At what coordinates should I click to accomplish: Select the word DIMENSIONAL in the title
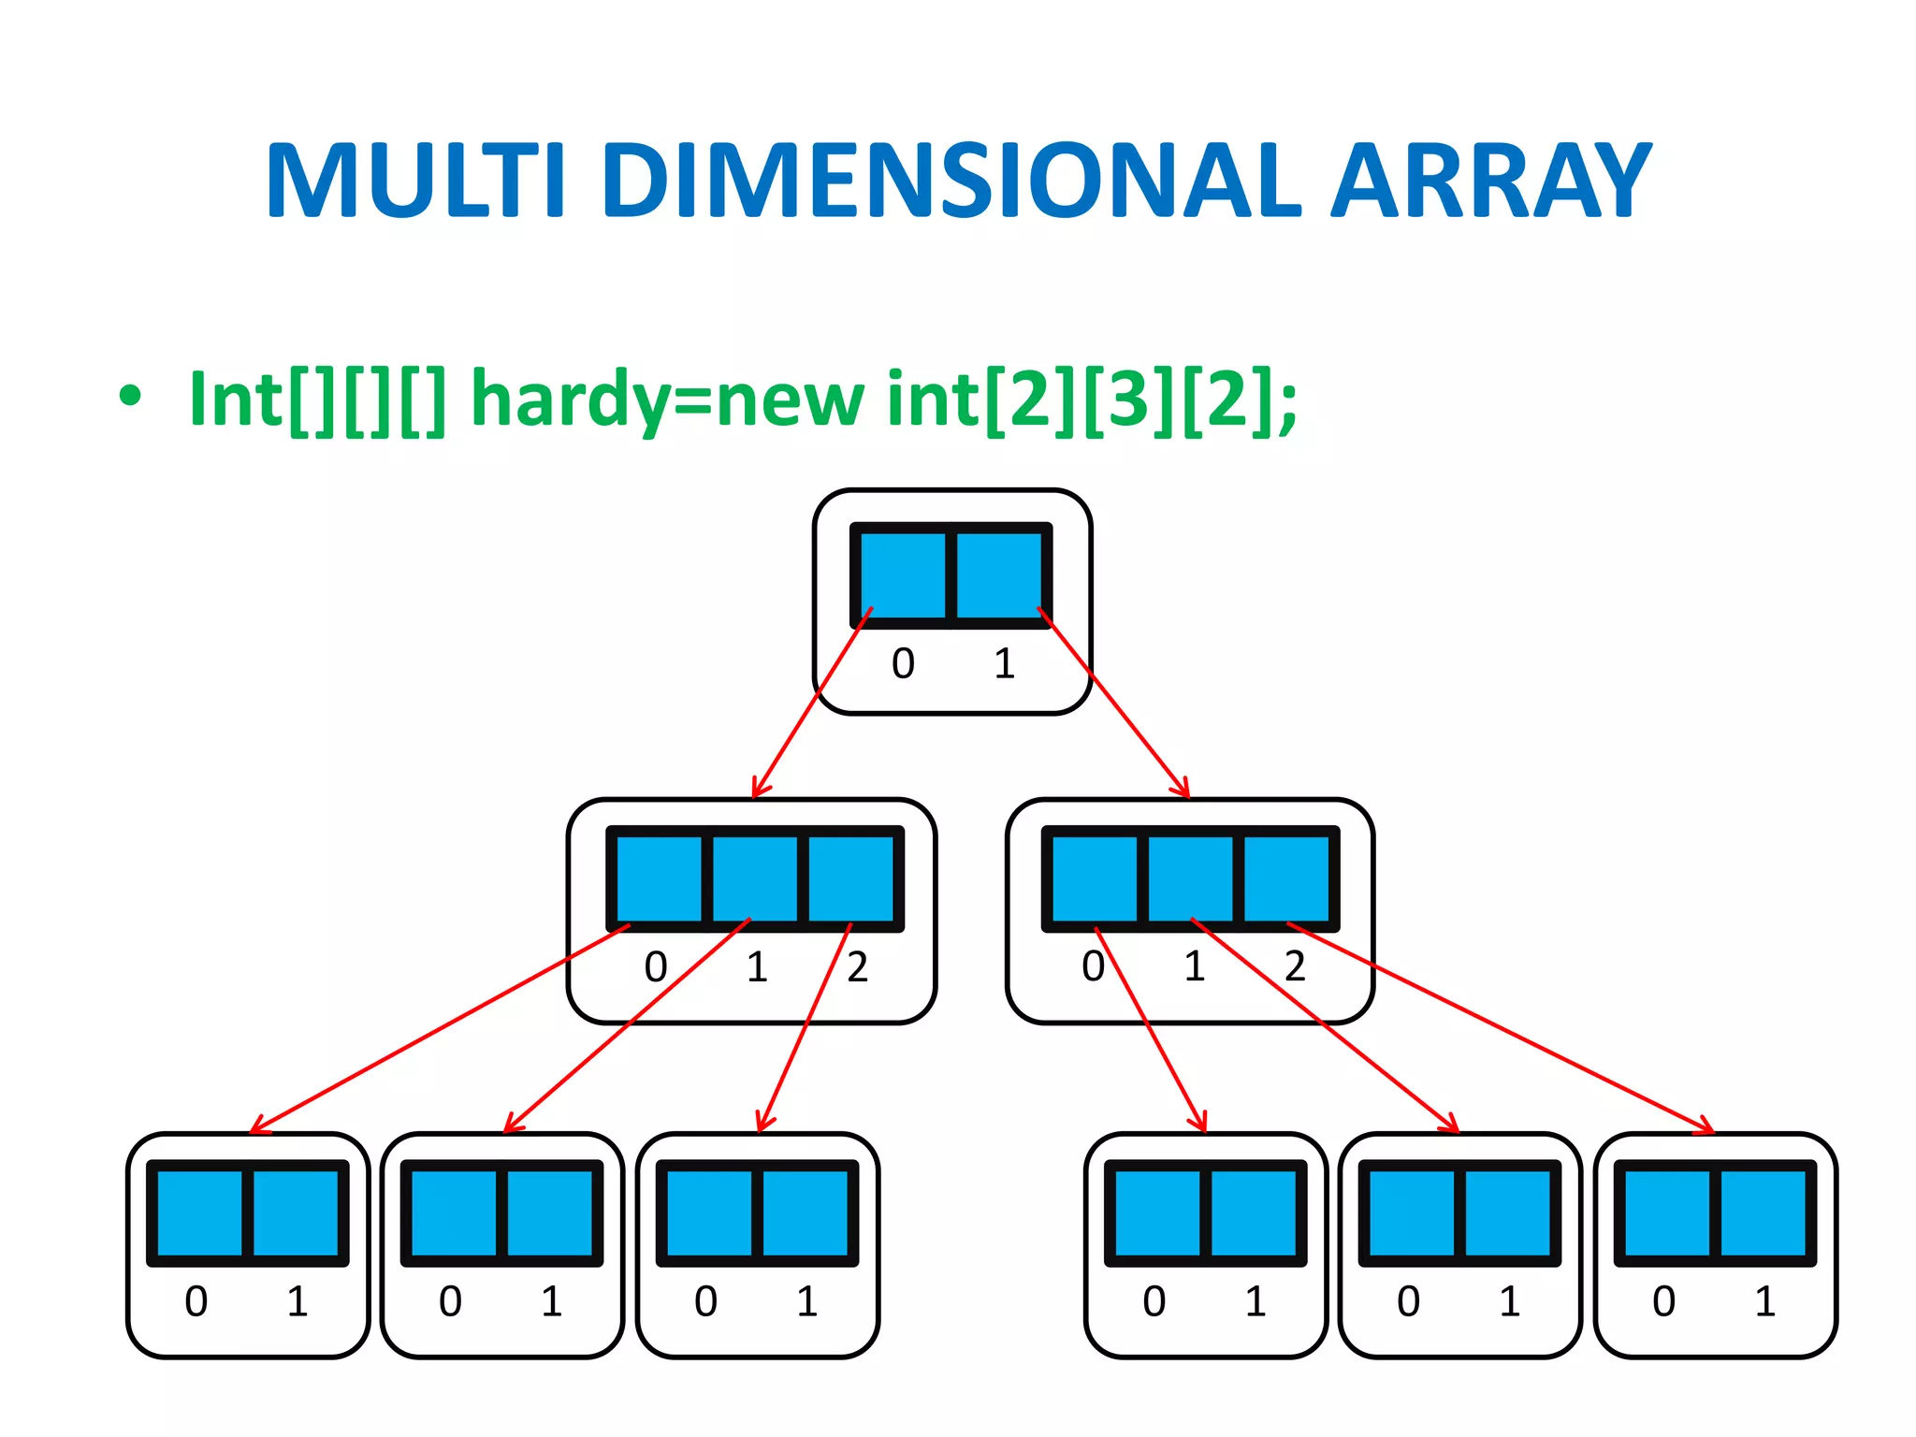pos(952,181)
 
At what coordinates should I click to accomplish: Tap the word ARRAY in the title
pos(1491,181)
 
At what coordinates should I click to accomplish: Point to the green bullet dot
pos(130,396)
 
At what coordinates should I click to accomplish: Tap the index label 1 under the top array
pos(1004,664)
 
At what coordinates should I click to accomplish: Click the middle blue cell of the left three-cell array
pos(755,878)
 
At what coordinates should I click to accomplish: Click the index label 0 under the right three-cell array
pos(1093,966)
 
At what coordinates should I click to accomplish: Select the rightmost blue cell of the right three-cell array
pos(1286,878)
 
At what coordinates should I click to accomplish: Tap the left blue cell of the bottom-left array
pos(199,1213)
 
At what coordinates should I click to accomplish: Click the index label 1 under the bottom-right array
pos(1764,1301)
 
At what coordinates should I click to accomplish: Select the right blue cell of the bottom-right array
pos(1764,1213)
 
